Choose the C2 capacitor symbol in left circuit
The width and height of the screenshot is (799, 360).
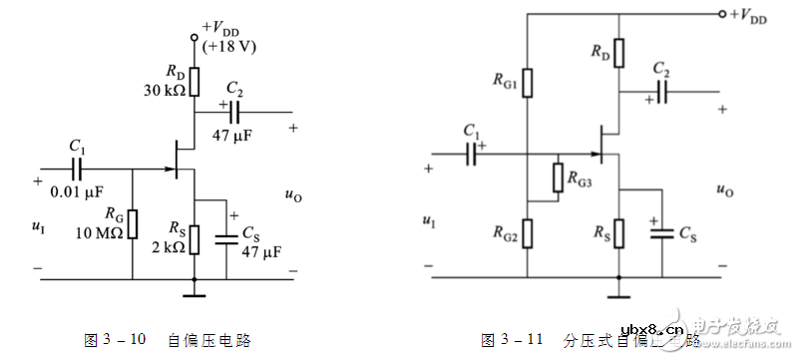234,112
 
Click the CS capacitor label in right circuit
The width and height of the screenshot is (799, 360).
687,233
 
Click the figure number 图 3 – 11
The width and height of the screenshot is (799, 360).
512,340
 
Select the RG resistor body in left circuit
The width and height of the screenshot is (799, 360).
132,225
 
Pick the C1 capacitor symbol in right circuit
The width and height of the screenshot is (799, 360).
472,153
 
